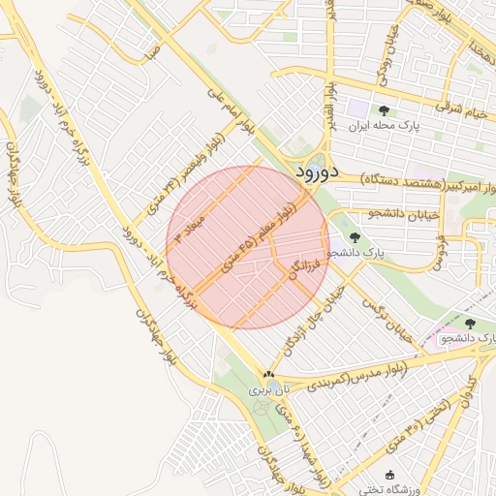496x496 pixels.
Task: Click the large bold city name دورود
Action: [x=316, y=172]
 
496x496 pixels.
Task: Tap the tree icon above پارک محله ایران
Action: [x=384, y=110]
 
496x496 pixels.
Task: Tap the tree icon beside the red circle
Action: [x=354, y=236]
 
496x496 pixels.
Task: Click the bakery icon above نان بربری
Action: [x=268, y=375]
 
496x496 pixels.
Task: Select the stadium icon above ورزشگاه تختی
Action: [x=390, y=475]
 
